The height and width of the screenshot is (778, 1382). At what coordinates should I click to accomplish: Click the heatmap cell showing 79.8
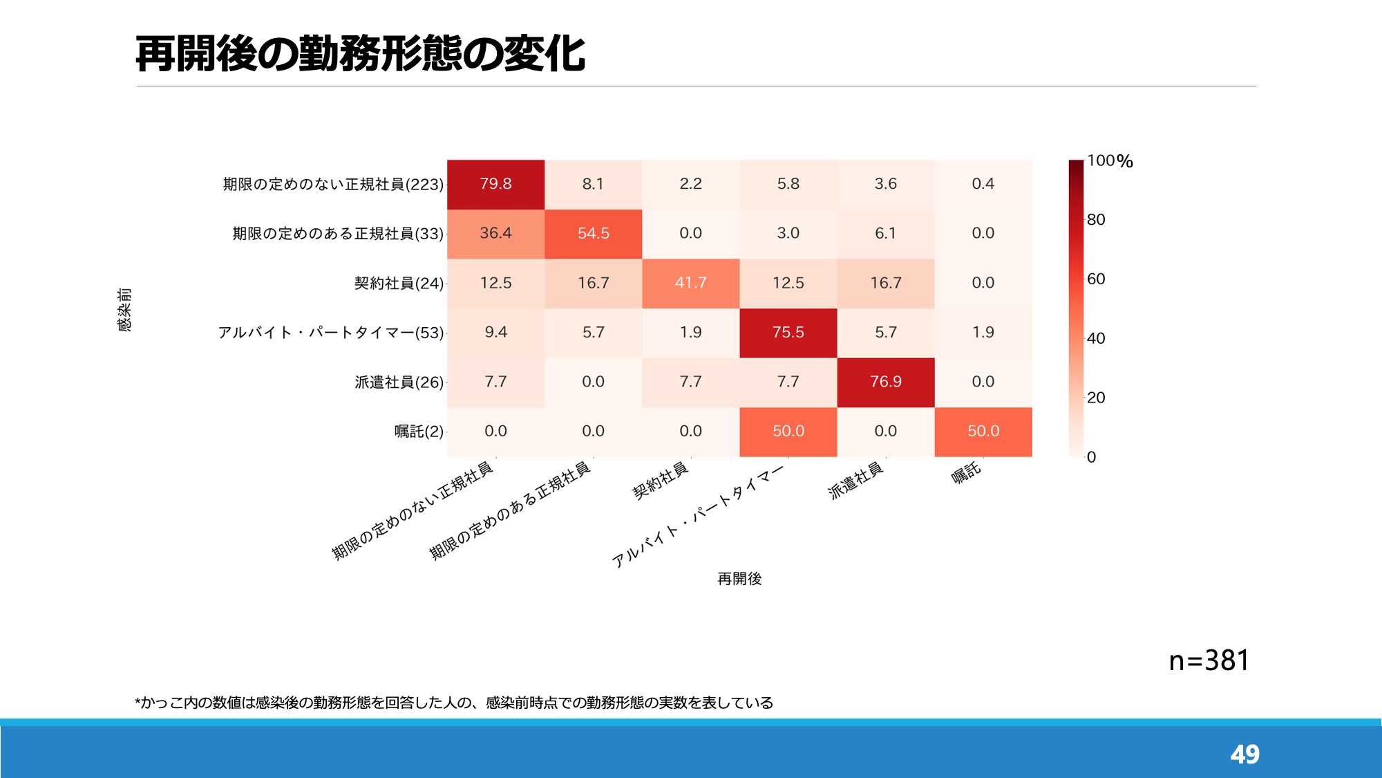(495, 185)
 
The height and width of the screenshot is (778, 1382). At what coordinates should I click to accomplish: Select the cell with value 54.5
(593, 234)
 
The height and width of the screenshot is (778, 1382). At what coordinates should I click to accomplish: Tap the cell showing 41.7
(690, 284)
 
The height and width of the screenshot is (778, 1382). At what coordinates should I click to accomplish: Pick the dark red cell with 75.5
(788, 333)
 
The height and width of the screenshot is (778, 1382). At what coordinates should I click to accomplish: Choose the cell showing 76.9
(886, 382)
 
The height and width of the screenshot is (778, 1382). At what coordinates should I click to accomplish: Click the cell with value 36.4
(495, 234)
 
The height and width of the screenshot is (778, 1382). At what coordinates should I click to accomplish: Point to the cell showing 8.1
(593, 185)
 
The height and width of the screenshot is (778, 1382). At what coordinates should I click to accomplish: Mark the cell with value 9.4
(495, 333)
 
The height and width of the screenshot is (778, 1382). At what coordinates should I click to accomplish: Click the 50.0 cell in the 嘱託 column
(983, 432)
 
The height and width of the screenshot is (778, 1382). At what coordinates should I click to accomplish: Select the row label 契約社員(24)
(399, 284)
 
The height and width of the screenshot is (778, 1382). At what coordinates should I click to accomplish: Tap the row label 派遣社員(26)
(399, 382)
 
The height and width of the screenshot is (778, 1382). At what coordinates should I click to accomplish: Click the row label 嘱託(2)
(419, 432)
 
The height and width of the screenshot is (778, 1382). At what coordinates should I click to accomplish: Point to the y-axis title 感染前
(124, 310)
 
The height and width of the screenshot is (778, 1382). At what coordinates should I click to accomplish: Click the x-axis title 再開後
(739, 579)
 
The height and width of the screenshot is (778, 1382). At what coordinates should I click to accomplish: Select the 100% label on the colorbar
(1110, 161)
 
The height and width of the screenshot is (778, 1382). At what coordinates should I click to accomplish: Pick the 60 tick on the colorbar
(1096, 279)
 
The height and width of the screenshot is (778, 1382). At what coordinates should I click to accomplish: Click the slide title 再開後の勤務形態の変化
(361, 54)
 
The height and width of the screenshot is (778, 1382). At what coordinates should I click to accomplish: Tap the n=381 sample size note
(1209, 661)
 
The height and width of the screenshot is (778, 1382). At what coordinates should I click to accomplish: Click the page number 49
(1245, 754)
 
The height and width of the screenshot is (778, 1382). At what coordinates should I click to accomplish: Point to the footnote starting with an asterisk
(454, 703)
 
